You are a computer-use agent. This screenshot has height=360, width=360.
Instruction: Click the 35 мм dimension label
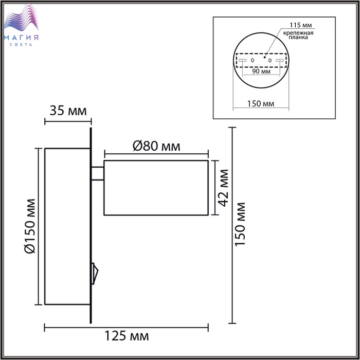[x=68, y=111]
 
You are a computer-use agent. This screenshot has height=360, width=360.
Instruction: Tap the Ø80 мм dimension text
[x=156, y=146]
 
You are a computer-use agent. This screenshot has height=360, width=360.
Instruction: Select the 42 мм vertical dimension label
[x=223, y=188]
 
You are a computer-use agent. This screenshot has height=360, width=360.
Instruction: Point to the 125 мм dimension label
[x=127, y=336]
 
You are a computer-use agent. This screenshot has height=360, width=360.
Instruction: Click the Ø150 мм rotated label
[x=30, y=226]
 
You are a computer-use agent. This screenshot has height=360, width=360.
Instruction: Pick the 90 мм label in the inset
[x=261, y=71]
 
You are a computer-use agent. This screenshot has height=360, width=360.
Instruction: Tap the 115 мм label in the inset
[x=300, y=25]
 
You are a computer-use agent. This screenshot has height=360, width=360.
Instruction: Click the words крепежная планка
[x=298, y=35]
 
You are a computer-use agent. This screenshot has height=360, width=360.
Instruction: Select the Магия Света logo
[x=21, y=25]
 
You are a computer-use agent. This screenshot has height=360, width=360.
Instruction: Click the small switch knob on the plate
[x=95, y=274]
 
